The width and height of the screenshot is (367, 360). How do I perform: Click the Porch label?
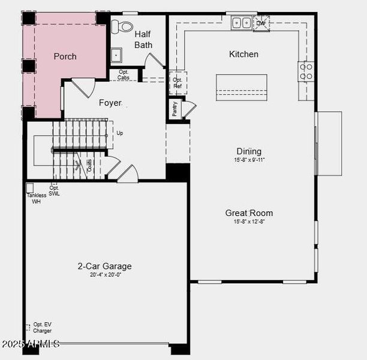click(x=65, y=56)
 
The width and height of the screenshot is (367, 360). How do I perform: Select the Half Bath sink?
click(x=116, y=55)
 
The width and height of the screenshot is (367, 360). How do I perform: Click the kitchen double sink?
click(x=241, y=23)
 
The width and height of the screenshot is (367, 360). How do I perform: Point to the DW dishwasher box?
click(x=261, y=23)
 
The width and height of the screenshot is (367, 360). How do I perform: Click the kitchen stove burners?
click(x=306, y=72)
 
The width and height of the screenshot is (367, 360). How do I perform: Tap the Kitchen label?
click(x=243, y=54)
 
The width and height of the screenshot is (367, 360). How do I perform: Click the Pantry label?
click(x=175, y=109)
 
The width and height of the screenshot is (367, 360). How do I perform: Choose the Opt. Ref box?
click(x=178, y=83)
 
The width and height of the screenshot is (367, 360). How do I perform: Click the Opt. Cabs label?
click(x=124, y=75)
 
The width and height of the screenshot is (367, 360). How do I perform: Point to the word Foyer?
click(x=110, y=103)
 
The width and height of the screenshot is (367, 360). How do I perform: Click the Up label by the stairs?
click(x=120, y=133)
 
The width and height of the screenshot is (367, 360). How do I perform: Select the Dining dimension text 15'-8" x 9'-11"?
click(x=249, y=160)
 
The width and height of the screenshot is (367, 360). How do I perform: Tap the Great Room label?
click(x=249, y=213)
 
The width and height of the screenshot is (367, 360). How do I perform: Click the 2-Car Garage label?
click(x=104, y=266)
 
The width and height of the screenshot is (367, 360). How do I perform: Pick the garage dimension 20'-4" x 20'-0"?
click(x=105, y=275)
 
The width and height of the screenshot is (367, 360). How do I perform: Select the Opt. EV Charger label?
click(x=42, y=328)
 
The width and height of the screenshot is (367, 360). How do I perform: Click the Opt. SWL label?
click(x=54, y=191)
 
